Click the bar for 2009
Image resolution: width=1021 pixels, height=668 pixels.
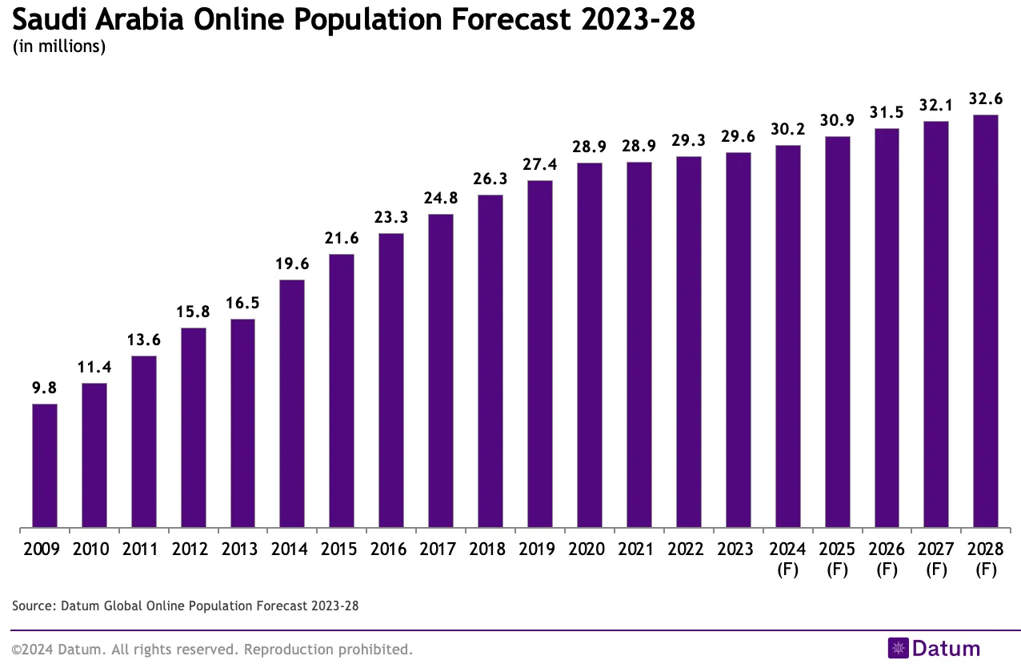coord(45,466)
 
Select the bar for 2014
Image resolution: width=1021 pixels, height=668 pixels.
coord(292,404)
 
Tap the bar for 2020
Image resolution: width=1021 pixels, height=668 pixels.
coord(590,346)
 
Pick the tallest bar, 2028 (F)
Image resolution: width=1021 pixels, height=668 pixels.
coord(985,322)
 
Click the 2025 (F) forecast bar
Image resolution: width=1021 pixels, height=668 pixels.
coord(837,332)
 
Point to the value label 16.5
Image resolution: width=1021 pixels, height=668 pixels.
coord(242,304)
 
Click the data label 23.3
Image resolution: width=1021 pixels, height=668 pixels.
coord(391,217)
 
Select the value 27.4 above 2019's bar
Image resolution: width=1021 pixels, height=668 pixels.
coord(540,164)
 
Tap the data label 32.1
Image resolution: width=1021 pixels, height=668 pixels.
coord(936,105)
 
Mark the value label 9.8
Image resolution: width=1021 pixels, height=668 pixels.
coord(45,388)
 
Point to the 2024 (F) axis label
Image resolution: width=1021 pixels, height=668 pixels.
coord(787,559)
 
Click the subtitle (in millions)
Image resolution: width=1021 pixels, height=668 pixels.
coord(60,46)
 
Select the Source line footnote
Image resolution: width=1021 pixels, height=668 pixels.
coord(186,606)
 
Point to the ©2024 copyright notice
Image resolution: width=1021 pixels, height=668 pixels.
coord(212,649)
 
